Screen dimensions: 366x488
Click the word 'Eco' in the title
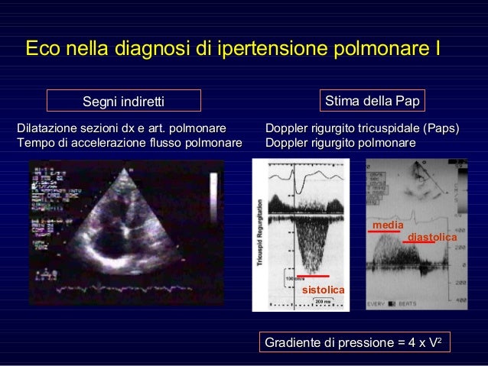pyautogui.click(x=43, y=50)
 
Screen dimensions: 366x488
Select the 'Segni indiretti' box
pyautogui.click(x=124, y=101)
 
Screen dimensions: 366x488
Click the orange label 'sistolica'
pyautogui.click(x=324, y=290)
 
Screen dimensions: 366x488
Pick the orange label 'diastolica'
pyautogui.click(x=432, y=238)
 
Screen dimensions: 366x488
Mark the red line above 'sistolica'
pyautogui.click(x=314, y=275)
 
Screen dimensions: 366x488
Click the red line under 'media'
pyautogui.click(x=383, y=232)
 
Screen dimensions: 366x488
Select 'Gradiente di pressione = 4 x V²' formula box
pyautogui.click(x=353, y=343)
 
